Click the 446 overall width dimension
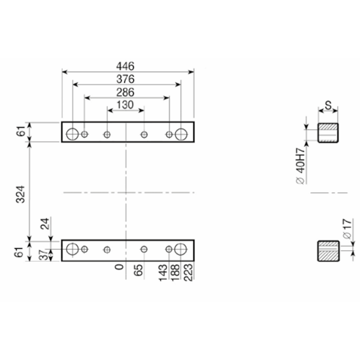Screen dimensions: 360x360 tap(125, 66)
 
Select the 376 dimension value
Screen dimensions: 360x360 tap(125, 79)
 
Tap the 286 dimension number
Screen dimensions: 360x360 tap(125, 93)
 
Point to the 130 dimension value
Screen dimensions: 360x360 tap(125, 105)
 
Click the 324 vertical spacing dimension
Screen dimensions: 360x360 tap(20, 194)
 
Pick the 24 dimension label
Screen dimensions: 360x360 tap(45, 224)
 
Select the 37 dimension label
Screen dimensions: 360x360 tap(44, 255)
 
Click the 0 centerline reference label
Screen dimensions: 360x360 tap(119, 267)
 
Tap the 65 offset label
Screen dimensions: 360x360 tap(138, 270)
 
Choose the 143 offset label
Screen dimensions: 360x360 tap(163, 273)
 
